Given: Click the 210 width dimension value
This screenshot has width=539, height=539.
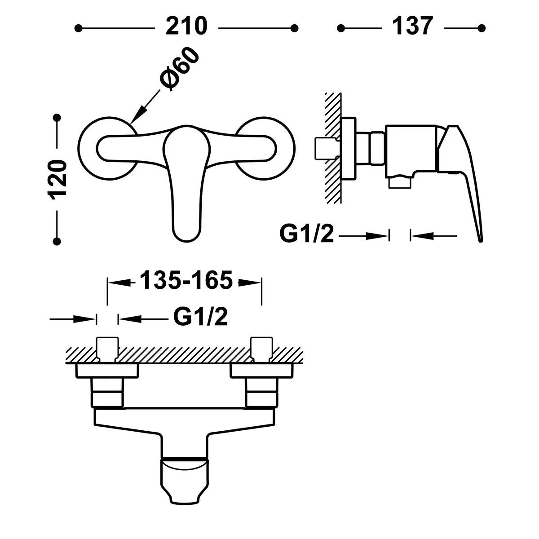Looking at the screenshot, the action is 186,26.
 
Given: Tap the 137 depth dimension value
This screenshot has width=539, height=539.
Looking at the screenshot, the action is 413,26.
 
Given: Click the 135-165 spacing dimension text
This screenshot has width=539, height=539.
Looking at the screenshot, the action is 186,281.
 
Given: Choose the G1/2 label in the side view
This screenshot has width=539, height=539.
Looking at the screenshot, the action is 307,234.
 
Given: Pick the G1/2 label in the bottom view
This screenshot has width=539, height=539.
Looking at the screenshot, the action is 200,317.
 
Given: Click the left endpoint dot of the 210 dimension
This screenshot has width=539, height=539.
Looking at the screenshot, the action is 79,28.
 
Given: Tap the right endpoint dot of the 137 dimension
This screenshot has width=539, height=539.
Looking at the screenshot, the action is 482,28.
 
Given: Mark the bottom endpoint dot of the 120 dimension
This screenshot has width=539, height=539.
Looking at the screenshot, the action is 57,241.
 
